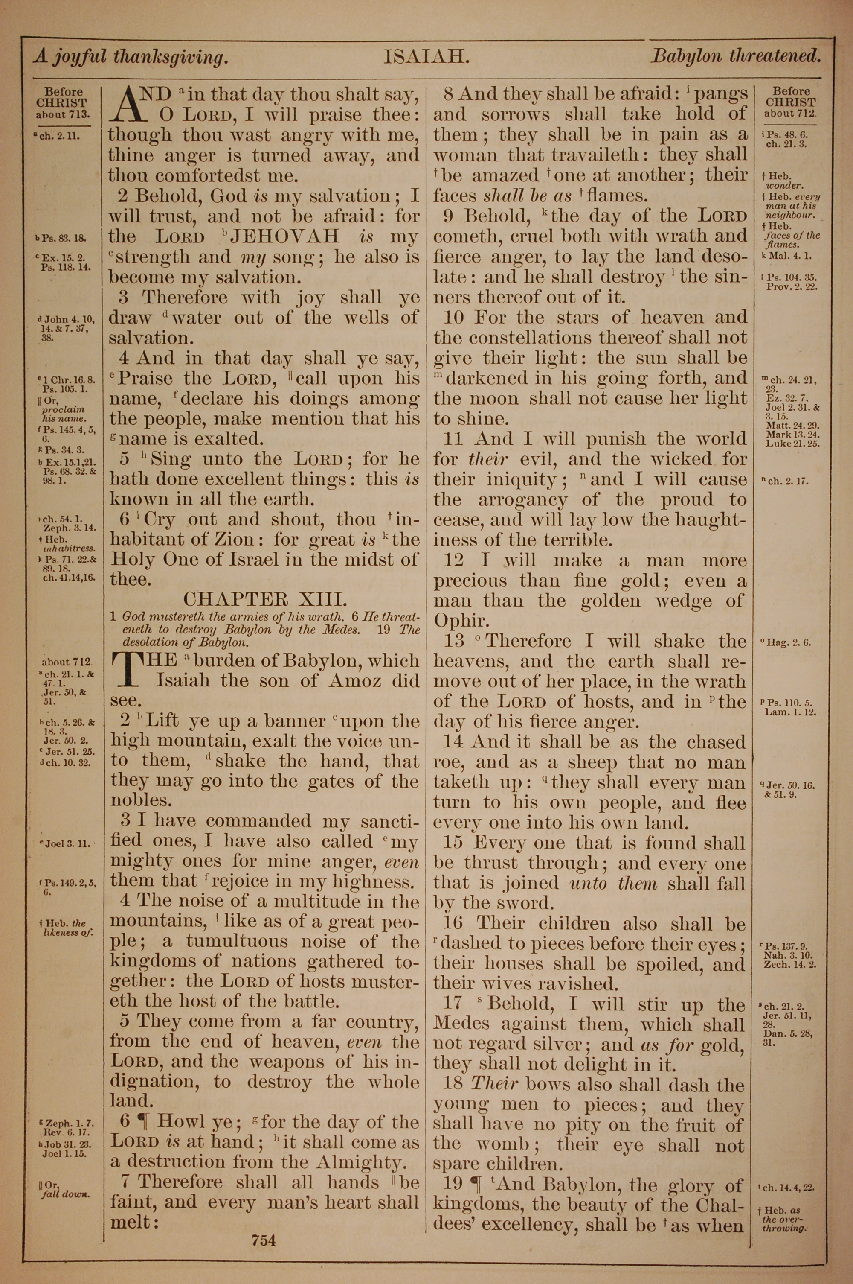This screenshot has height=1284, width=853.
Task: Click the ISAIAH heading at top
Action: coord(426,57)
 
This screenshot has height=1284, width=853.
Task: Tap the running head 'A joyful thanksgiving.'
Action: coord(130,57)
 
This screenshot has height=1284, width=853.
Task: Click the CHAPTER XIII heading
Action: coord(265,599)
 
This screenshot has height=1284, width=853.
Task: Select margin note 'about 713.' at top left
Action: coord(63,115)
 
